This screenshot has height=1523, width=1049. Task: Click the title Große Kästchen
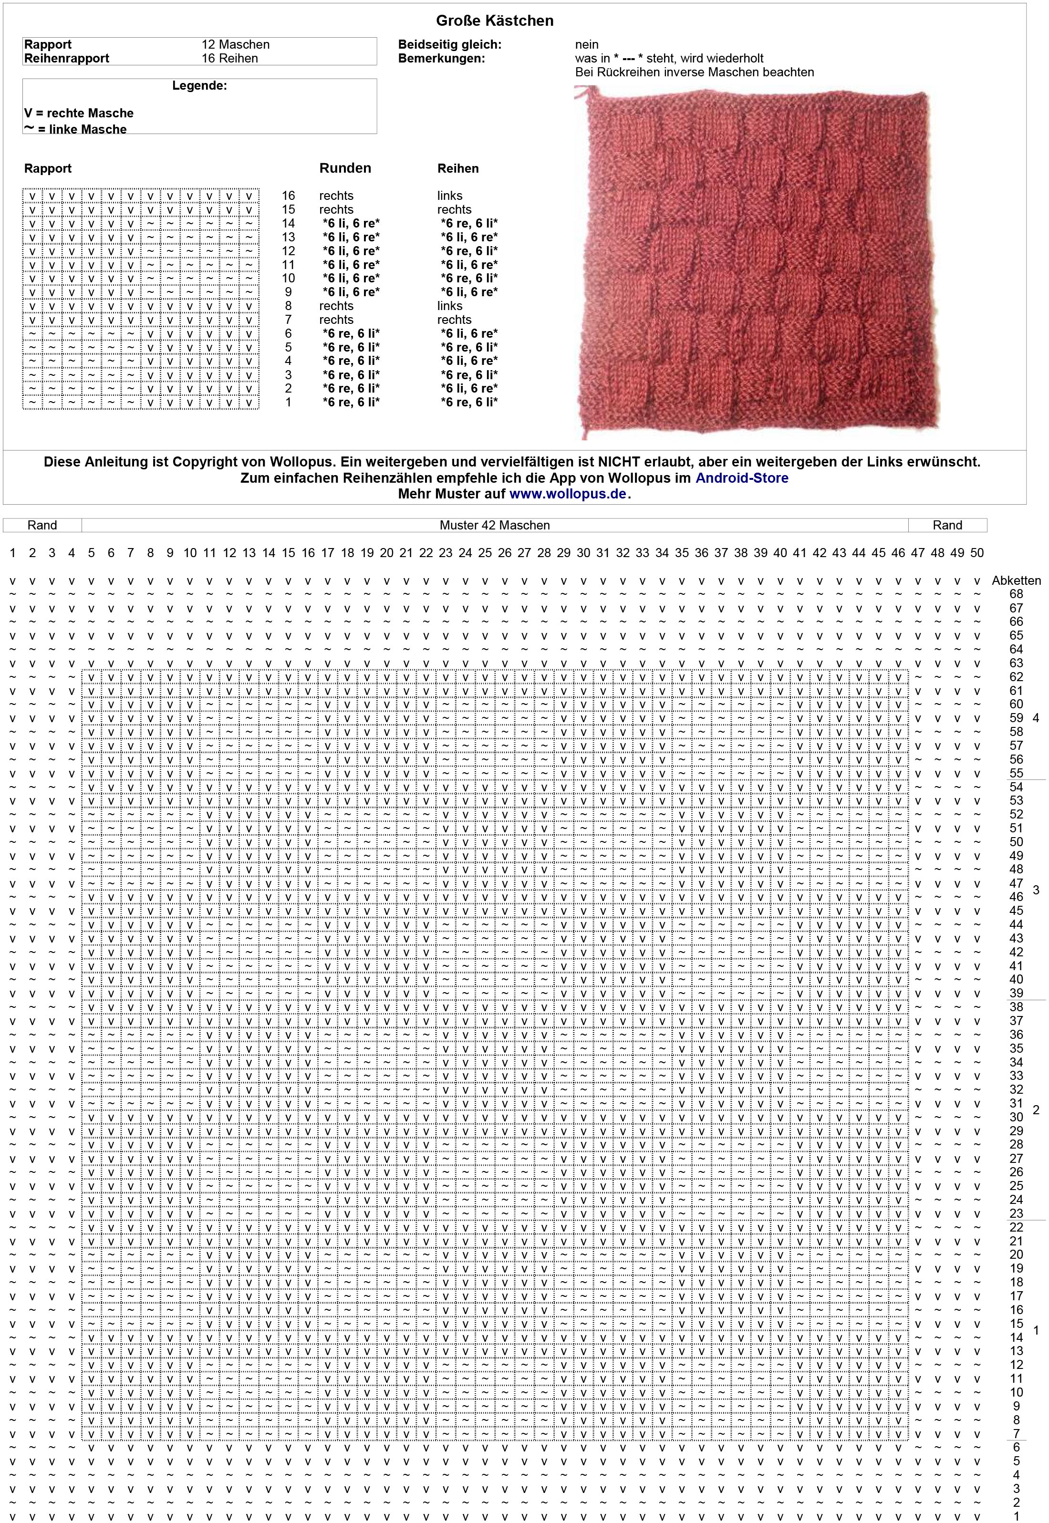(494, 21)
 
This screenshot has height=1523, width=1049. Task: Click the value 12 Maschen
(235, 45)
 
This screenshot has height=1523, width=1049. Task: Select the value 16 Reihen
(229, 59)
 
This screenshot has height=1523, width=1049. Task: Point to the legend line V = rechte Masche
(79, 113)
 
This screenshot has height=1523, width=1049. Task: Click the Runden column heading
(345, 168)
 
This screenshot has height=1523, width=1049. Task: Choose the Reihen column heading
(457, 169)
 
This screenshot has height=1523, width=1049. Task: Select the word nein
(586, 45)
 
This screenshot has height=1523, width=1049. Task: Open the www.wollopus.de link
(568, 494)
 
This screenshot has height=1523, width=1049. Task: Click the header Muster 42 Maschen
(494, 525)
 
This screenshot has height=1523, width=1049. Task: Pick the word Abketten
(1016, 581)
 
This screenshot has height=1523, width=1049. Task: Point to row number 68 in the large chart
(1016, 594)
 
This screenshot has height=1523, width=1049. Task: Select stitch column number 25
(485, 553)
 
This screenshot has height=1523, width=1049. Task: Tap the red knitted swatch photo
(756, 263)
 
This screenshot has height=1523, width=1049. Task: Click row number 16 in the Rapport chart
(289, 196)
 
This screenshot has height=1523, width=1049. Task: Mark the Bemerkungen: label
(441, 59)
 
